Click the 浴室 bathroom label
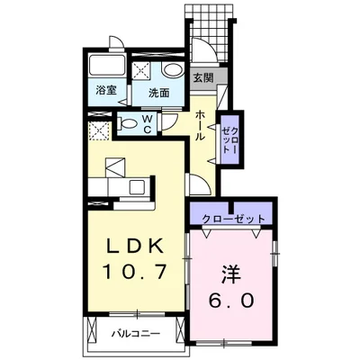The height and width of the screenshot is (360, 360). tap(106, 90)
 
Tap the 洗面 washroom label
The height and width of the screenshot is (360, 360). tap(159, 94)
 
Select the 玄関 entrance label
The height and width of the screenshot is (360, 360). tap(203, 77)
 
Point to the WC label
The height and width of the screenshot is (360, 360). tap(147, 124)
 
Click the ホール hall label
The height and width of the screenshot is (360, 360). tap(200, 125)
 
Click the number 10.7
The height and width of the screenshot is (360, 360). tap(134, 272)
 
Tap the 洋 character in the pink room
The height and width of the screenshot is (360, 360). tap(231, 275)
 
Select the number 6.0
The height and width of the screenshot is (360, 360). tap(231, 301)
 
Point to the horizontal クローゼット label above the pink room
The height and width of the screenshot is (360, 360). tap(234, 219)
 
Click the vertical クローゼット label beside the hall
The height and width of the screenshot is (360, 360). tap(230, 140)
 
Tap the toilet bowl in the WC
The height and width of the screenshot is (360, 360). tap(127, 123)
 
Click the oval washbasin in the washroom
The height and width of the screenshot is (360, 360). tap(173, 71)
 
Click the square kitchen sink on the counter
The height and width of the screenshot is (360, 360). tap(137, 187)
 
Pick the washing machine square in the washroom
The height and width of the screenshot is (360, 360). tap(143, 70)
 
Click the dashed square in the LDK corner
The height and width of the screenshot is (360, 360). tap(100, 131)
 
